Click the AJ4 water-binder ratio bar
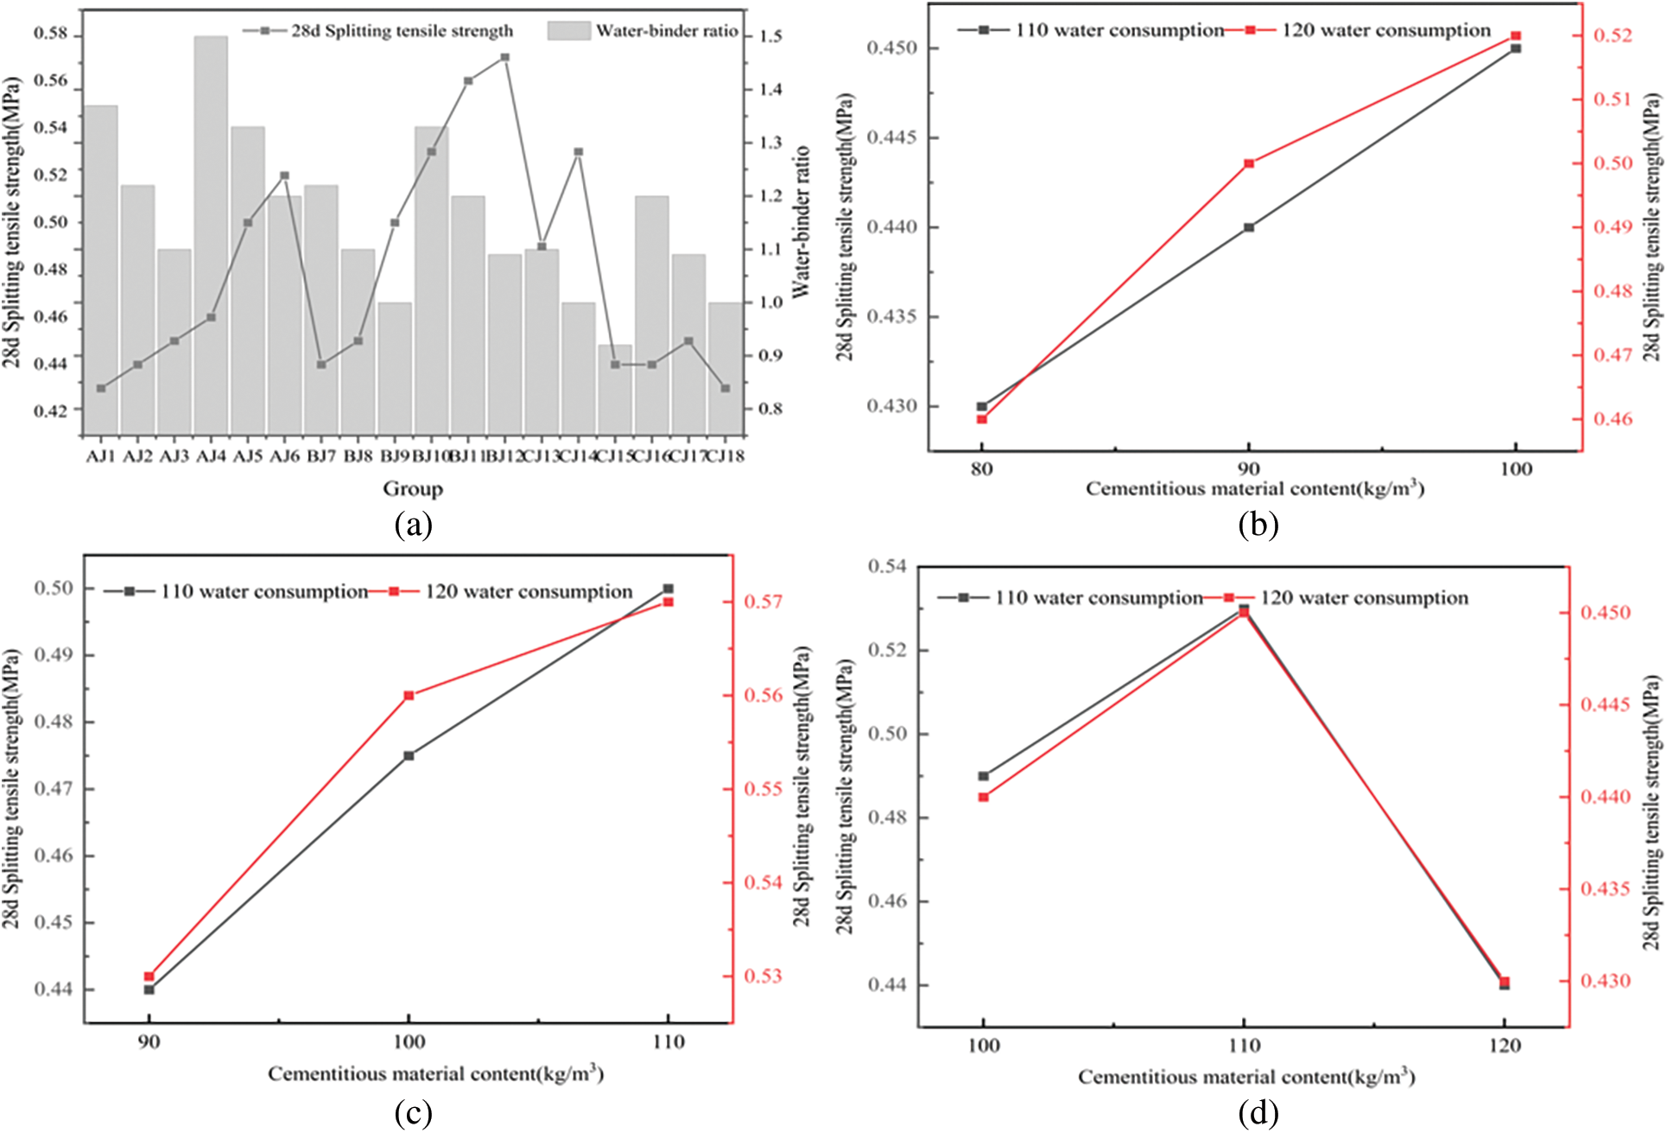[x=211, y=233]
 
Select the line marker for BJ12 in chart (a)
[x=505, y=57]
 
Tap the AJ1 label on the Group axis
[x=101, y=455]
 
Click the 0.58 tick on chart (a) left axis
[x=50, y=35]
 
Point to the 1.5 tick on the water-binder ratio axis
[x=770, y=36]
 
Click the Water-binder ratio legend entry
[x=643, y=31]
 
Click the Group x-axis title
[x=413, y=489]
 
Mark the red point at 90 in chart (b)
[x=1249, y=163]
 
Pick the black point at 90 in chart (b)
[x=1249, y=227]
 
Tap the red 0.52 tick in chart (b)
[x=1613, y=35]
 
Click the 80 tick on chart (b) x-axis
[x=982, y=469]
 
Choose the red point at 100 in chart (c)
[x=409, y=695]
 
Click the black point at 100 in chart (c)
[x=409, y=755]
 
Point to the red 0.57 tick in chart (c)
[x=764, y=602]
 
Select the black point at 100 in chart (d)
[x=984, y=776]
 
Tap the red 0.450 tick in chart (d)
[x=1606, y=613]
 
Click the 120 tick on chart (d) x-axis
[x=1505, y=1046]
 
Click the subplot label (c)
[x=413, y=1113]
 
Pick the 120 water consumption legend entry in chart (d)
[x=1347, y=598]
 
